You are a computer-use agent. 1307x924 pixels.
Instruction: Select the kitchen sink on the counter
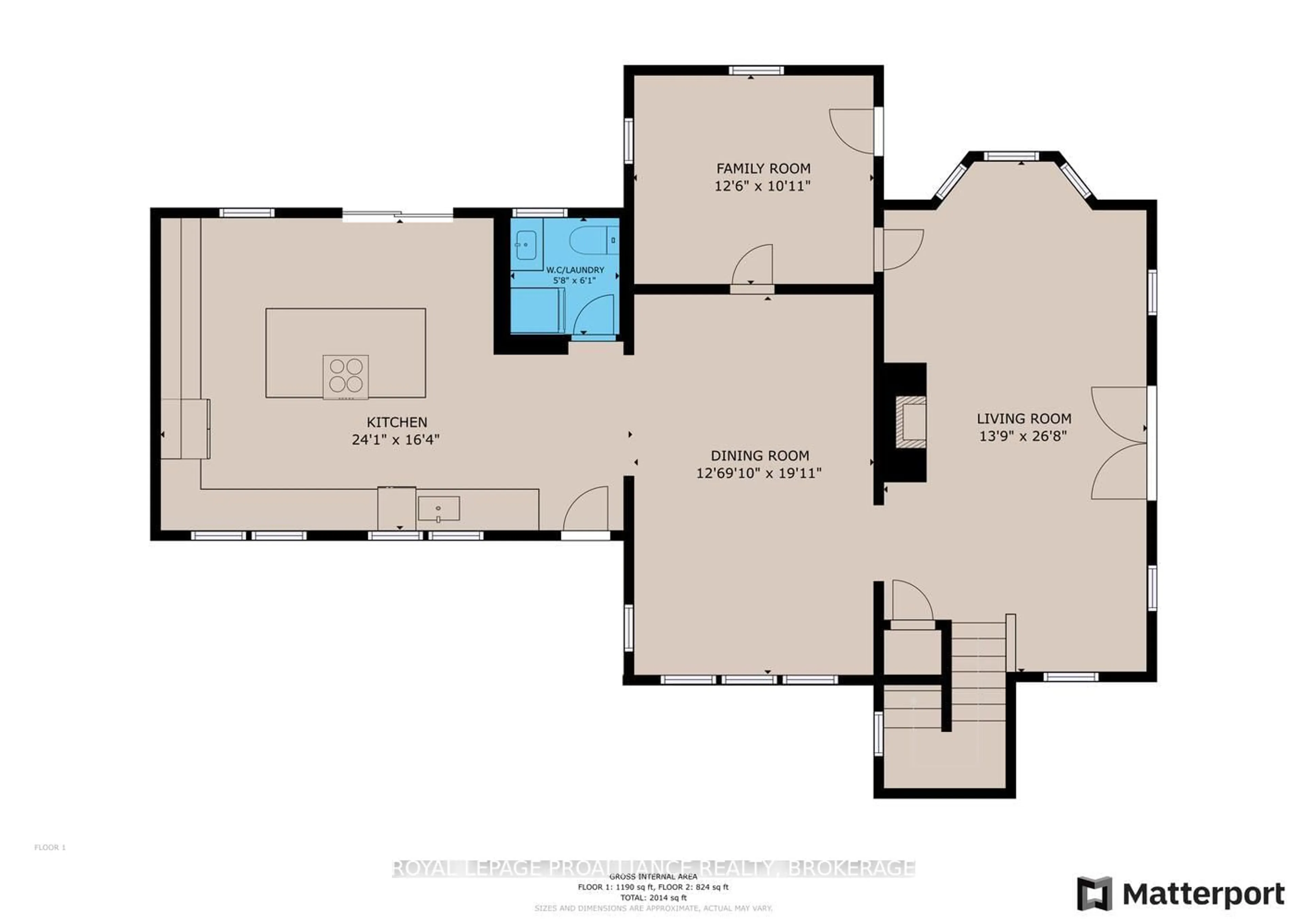coord(438,508)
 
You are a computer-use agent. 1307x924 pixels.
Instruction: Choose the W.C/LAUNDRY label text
coord(575,270)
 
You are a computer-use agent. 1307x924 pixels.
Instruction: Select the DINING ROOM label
coord(759,456)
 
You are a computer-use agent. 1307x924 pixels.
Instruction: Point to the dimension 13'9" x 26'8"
coord(1022,436)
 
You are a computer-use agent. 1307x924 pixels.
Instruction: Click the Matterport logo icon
coord(1094,893)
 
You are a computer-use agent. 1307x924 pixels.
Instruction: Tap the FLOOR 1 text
coord(50,847)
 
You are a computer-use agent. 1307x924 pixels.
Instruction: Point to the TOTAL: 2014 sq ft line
coord(653,897)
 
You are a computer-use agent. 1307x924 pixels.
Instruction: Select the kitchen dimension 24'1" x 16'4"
coord(396,440)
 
